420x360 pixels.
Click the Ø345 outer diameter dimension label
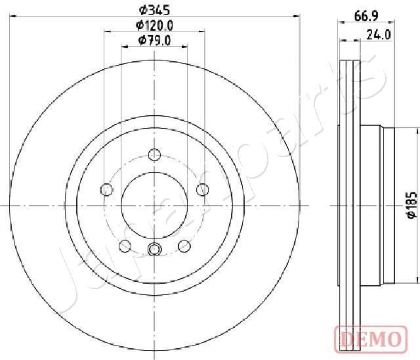pos(155,11)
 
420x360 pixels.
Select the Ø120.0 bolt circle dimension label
pos(154,26)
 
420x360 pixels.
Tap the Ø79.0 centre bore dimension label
pos(154,41)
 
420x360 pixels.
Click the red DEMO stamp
pos(371,339)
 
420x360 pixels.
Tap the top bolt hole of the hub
pos(154,154)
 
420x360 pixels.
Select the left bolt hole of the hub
pos(106,190)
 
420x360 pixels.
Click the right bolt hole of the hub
pos(203,190)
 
